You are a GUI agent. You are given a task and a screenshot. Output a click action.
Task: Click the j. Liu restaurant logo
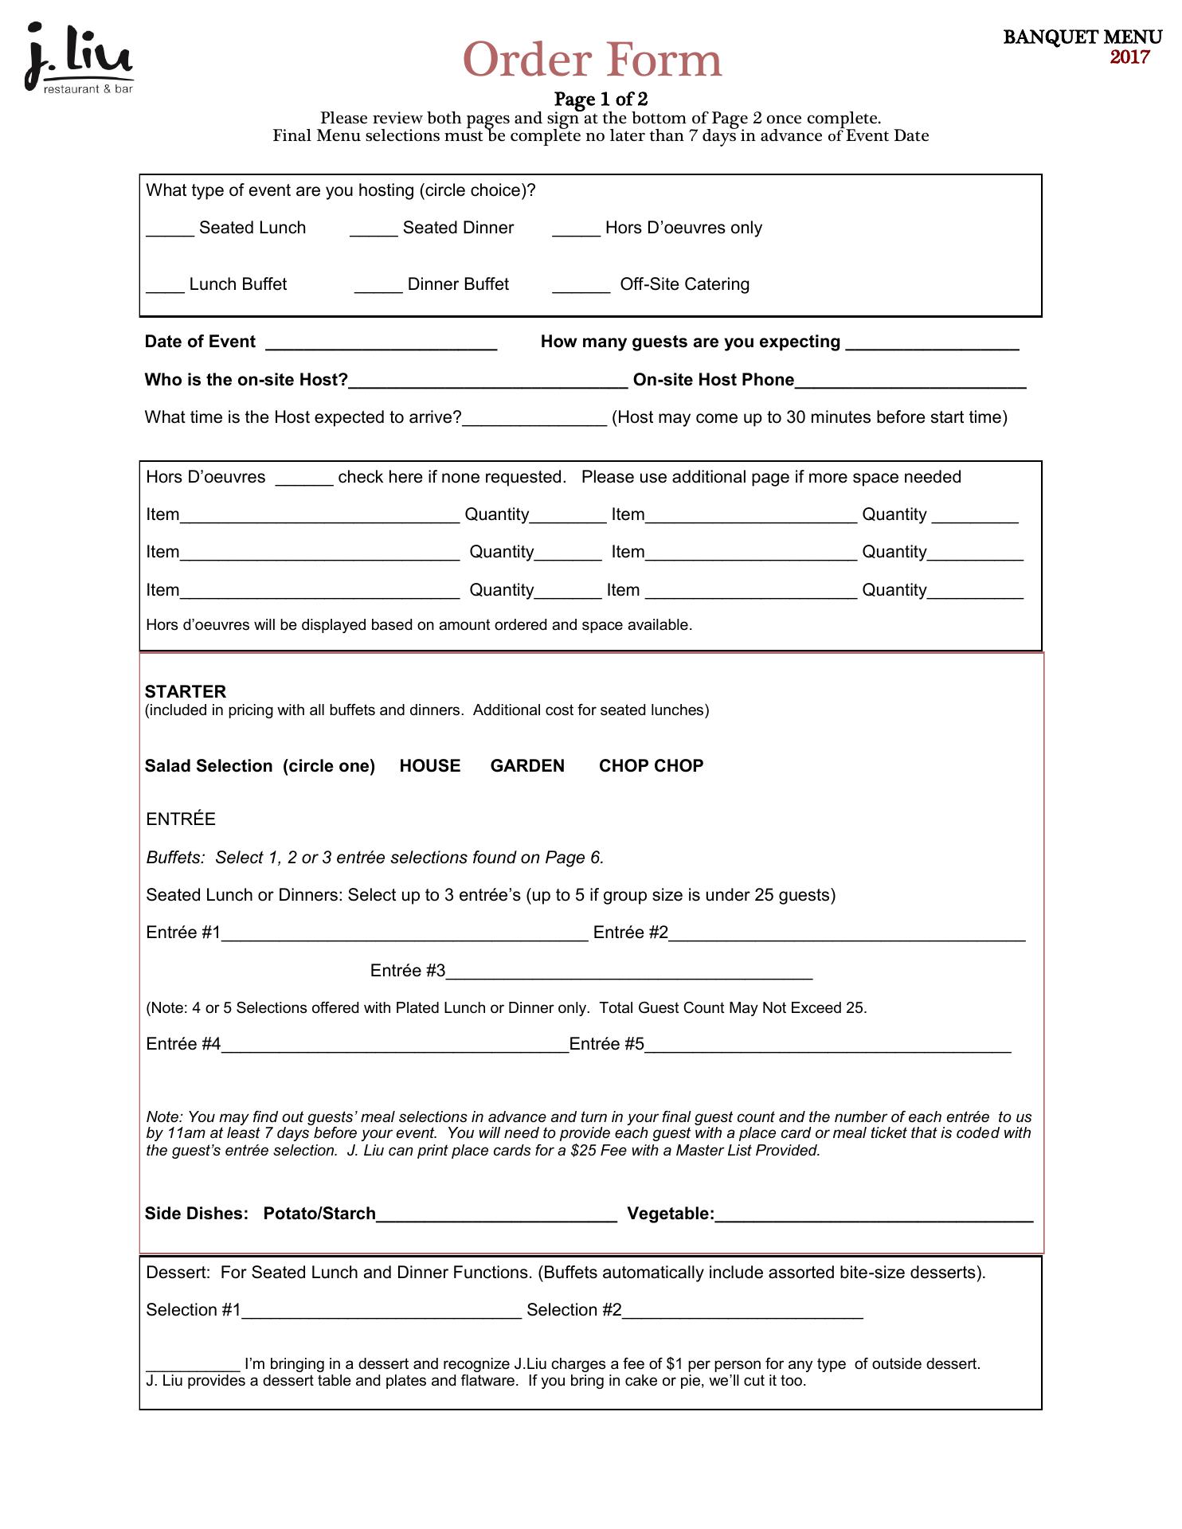pyautogui.click(x=78, y=59)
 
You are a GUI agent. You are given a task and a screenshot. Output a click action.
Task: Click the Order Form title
pyautogui.click(x=592, y=61)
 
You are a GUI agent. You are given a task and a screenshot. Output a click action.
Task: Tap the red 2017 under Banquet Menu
pyautogui.click(x=1129, y=57)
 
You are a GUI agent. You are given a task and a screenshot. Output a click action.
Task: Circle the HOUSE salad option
pyautogui.click(x=430, y=766)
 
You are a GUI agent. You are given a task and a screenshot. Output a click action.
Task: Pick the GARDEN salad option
pyautogui.click(x=527, y=766)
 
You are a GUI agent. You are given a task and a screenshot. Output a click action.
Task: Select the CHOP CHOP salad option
pyautogui.click(x=651, y=766)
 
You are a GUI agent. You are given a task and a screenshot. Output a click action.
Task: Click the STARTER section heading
pyautogui.click(x=186, y=691)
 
